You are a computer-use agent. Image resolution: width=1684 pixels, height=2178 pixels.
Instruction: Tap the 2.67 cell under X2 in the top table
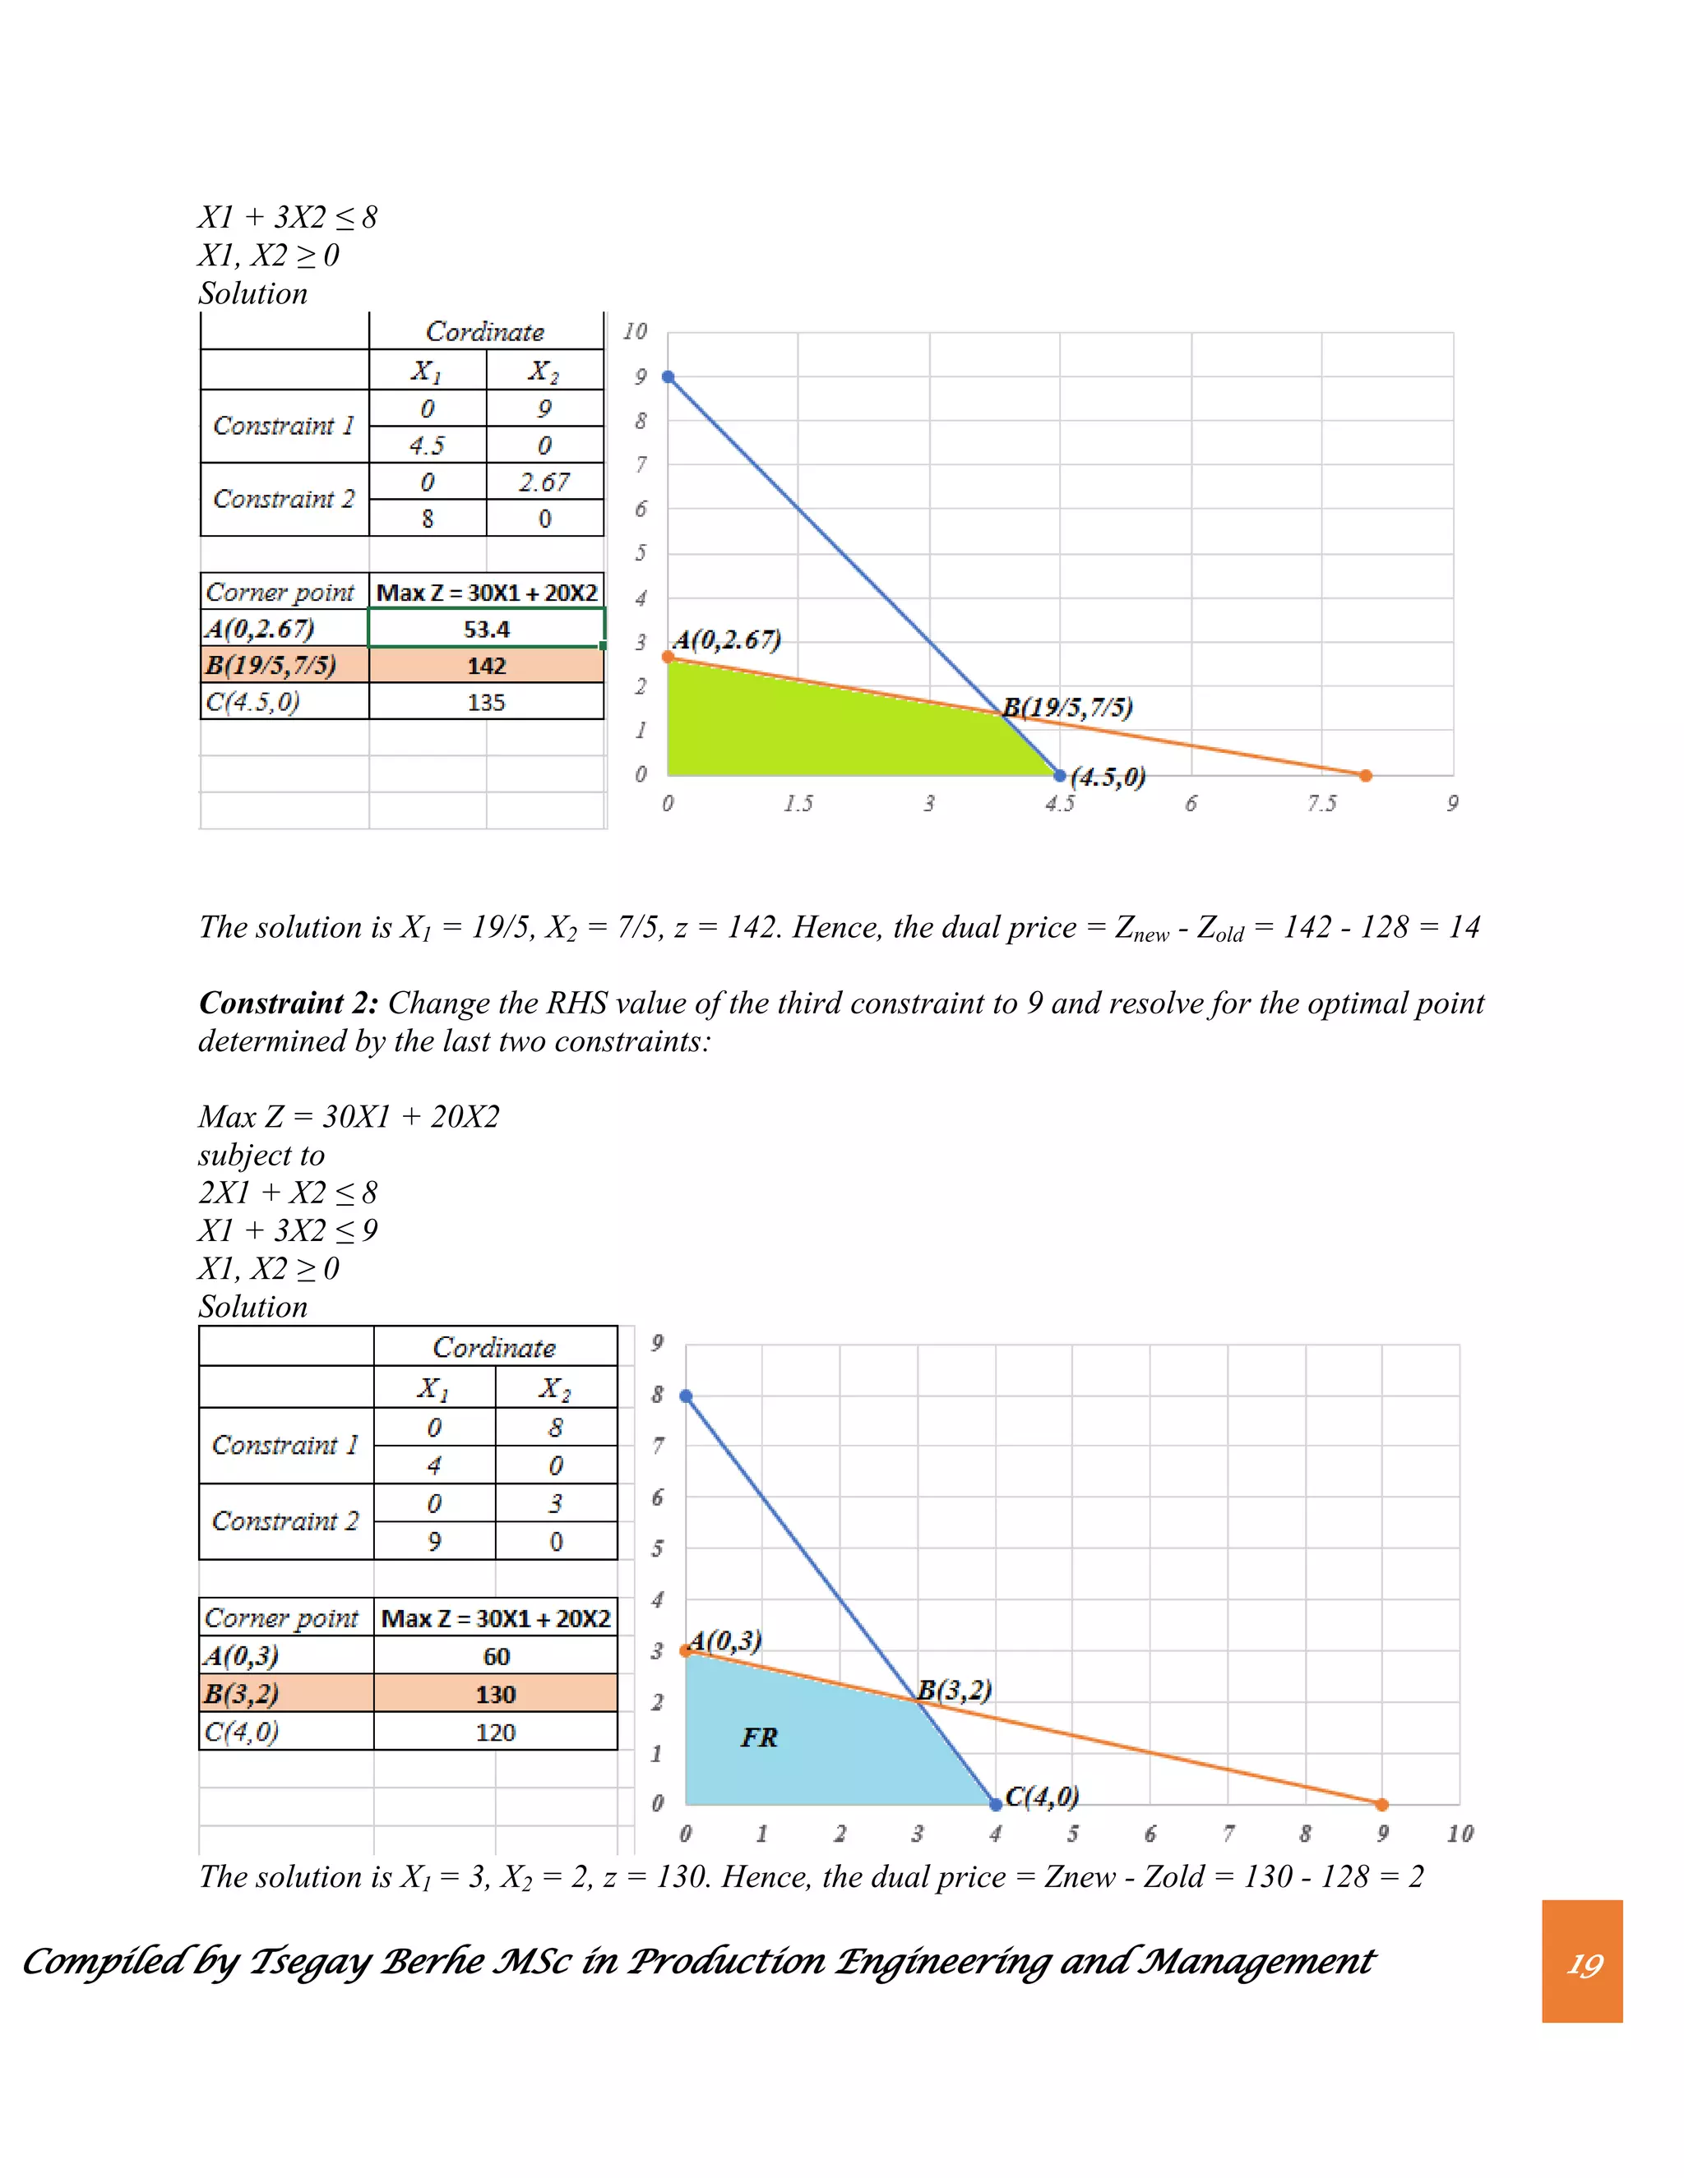(x=544, y=482)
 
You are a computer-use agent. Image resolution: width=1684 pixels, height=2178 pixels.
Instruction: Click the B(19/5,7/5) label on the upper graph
(x=1067, y=708)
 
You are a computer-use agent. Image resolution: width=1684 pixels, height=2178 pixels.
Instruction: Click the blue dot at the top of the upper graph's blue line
(x=669, y=377)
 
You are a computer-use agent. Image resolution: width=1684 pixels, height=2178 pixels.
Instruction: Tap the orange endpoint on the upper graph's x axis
(x=1366, y=775)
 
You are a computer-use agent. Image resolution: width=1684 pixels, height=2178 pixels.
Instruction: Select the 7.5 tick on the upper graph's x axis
(x=1322, y=804)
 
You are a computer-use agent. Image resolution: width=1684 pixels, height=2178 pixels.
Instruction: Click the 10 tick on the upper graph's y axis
(x=636, y=331)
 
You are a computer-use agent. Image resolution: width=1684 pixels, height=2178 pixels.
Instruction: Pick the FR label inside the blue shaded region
(x=758, y=1737)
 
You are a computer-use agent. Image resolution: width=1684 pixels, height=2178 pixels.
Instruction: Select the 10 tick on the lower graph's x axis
(x=1460, y=1833)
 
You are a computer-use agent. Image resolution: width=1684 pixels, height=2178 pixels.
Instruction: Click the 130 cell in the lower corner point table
(x=496, y=1695)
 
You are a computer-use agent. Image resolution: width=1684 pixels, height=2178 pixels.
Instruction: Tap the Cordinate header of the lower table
(x=494, y=1347)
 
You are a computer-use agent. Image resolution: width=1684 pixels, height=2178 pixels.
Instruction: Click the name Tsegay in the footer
(x=310, y=1963)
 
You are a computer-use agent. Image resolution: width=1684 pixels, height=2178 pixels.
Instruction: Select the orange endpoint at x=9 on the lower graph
(x=1381, y=1804)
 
